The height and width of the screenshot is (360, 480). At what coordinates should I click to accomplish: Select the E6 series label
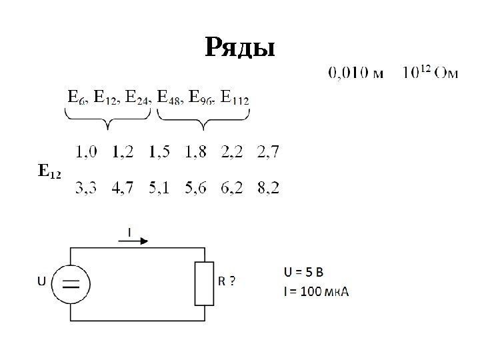(75, 99)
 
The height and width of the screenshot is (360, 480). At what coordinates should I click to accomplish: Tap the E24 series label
(139, 99)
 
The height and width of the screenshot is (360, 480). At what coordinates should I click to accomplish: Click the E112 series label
(235, 99)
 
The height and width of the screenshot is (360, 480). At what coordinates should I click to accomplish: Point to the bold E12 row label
(48, 172)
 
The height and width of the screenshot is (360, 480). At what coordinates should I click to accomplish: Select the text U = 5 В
(304, 272)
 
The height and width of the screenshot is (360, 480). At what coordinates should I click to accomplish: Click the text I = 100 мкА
(317, 291)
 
